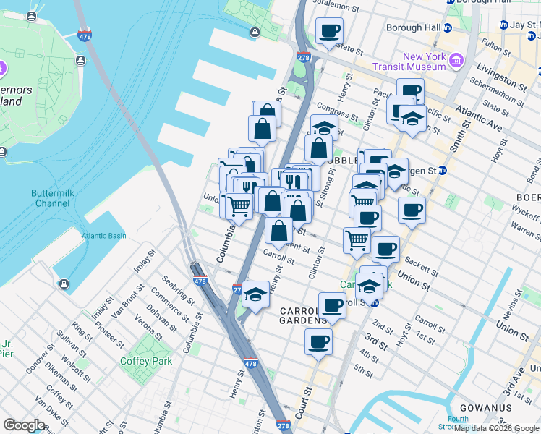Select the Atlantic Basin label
103,236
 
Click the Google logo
24,425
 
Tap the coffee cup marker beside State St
329,31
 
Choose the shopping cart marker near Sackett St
357,240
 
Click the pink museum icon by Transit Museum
456,60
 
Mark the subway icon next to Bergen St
442,171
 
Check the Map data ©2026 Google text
496,428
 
